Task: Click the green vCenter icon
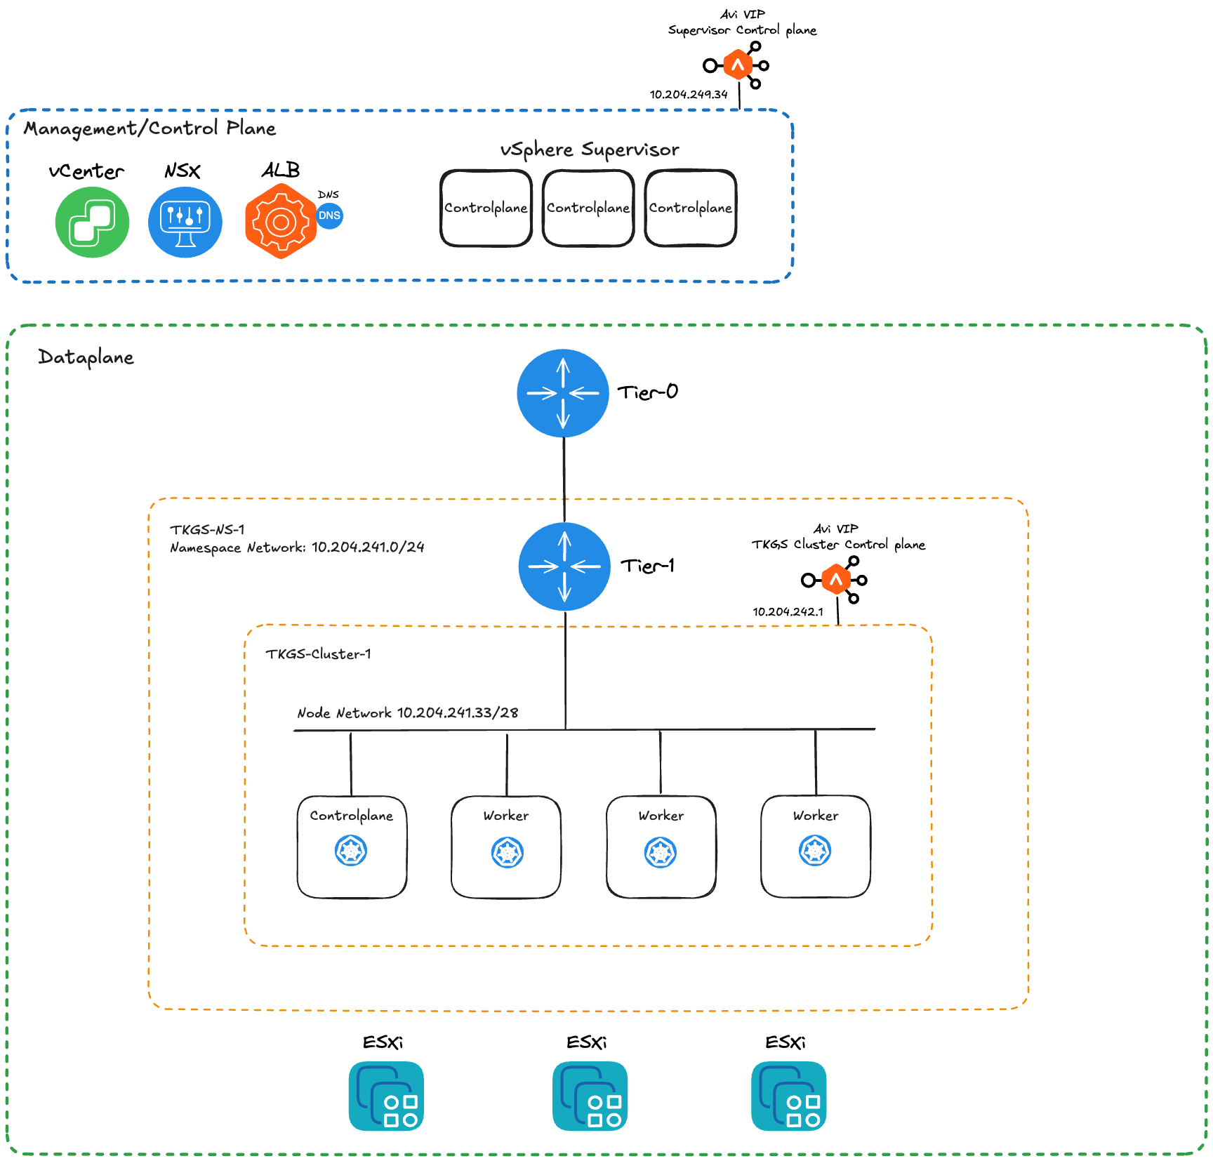click(92, 222)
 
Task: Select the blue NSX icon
click(185, 222)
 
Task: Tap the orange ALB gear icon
click(280, 222)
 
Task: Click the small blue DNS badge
click(329, 215)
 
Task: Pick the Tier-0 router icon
click(563, 393)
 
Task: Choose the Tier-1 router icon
click(564, 566)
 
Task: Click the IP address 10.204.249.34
click(688, 94)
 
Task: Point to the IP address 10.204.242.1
click(788, 611)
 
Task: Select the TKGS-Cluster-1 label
click(318, 654)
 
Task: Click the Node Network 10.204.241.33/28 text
click(407, 713)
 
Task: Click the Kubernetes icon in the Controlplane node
click(351, 851)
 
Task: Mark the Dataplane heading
click(86, 357)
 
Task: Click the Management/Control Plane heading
click(150, 128)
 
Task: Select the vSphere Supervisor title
click(590, 150)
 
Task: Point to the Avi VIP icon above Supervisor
click(738, 65)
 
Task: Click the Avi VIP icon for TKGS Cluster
click(835, 580)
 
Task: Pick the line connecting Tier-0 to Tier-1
click(564, 480)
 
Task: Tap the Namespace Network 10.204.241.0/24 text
click(297, 548)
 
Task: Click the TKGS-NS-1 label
click(207, 530)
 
